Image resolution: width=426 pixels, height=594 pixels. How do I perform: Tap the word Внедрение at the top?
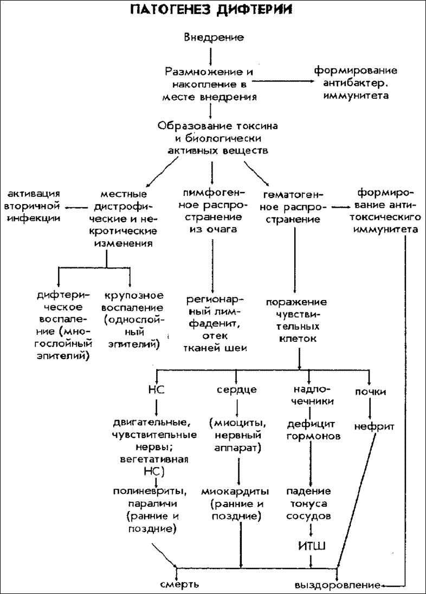[x=214, y=37]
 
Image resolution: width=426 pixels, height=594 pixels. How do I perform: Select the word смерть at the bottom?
[x=179, y=585]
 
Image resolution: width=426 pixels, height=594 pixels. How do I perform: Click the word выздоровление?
[x=338, y=585]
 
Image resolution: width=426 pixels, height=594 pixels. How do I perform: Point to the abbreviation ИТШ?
[x=312, y=546]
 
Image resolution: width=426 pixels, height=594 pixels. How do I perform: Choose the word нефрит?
[x=374, y=427]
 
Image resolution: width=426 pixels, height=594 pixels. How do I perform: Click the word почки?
[x=370, y=392]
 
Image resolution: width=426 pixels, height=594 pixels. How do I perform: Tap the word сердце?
[x=237, y=390]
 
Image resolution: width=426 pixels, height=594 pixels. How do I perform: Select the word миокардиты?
[x=235, y=491]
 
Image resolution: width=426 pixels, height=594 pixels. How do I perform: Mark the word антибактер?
[x=357, y=83]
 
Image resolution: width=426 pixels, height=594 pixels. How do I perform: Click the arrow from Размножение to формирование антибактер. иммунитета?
[x=282, y=80]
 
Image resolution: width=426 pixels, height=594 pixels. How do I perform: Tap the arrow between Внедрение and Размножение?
[x=211, y=55]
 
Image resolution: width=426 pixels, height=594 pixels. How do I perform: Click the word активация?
[x=34, y=194]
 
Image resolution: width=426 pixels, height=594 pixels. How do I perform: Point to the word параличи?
[x=153, y=504]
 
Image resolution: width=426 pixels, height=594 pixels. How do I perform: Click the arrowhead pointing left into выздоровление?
[x=384, y=585]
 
